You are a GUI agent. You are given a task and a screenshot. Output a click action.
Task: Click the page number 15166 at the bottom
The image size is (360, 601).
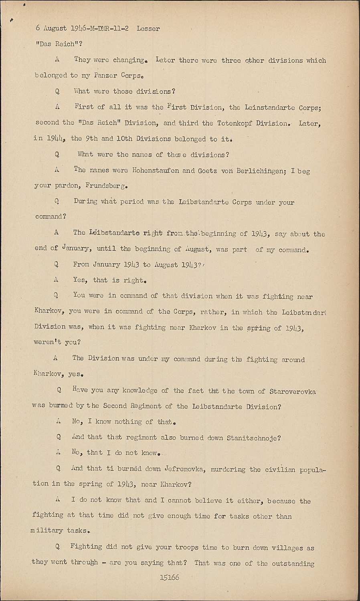tap(169, 578)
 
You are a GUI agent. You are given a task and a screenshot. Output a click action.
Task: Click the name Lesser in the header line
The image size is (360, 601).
tap(148, 28)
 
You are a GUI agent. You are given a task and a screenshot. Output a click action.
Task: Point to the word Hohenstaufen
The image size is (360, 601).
tap(156, 170)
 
